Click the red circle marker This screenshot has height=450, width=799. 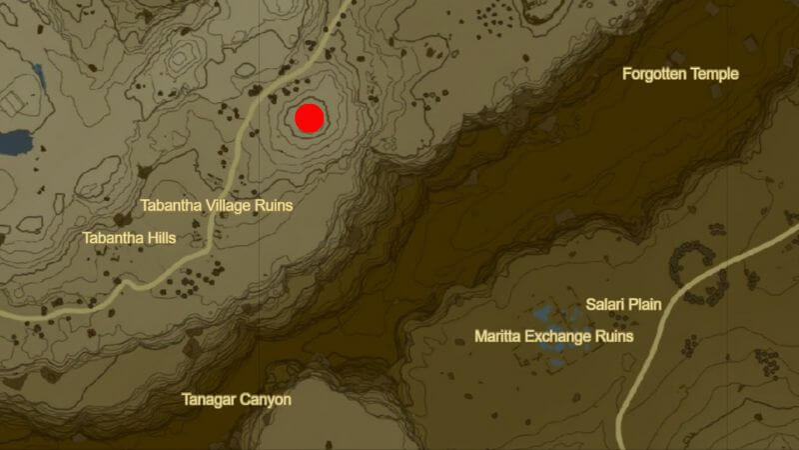310,118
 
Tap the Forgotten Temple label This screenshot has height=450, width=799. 680,74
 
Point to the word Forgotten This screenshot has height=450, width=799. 655,74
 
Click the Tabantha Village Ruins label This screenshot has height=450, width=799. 216,205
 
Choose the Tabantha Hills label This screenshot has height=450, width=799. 129,238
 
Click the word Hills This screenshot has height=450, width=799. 159,238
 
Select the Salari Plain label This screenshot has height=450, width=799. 623,304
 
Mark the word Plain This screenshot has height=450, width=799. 645,304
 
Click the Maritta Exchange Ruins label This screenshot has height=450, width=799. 554,337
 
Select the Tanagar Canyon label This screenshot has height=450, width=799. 237,400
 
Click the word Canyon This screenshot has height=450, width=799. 267,400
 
